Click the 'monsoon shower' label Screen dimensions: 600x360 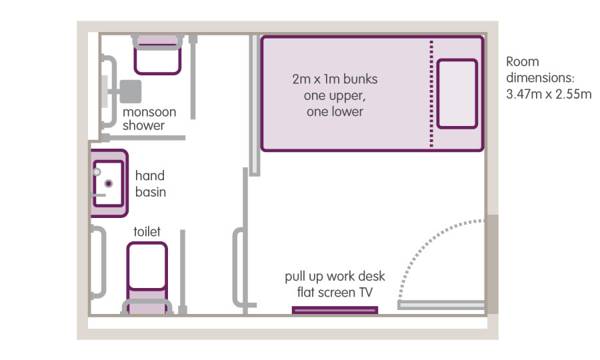coord(149,119)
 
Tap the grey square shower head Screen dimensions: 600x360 coord(130,91)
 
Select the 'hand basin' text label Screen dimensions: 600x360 coord(150,184)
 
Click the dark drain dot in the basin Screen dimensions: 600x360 coord(109,184)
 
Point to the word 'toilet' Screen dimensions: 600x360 coord(147,231)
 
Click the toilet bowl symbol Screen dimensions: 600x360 coord(147,266)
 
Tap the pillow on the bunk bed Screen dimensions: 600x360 coord(457,94)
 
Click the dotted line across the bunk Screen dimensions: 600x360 coord(432,93)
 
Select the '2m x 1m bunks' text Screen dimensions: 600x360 coord(335,79)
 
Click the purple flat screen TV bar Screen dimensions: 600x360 coord(335,310)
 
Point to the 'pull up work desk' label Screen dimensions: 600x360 coord(335,276)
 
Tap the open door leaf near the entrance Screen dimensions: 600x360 coord(441,305)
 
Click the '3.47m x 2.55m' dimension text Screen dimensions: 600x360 coord(549,94)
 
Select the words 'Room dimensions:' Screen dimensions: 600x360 coord(540,70)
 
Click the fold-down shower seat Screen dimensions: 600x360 coord(157,54)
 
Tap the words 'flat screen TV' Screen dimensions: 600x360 coord(335,293)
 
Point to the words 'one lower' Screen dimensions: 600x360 coord(335,112)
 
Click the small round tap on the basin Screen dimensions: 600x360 coord(97,172)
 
